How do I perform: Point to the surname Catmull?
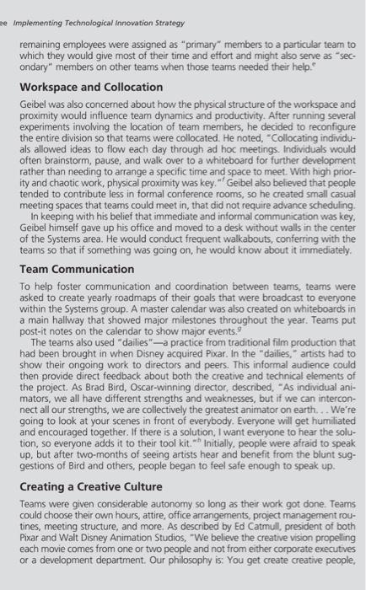(x=240, y=535)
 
